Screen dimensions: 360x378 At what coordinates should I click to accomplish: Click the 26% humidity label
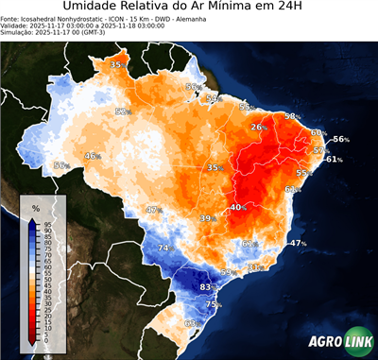[x=257, y=127]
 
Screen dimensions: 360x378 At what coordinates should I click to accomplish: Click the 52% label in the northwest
[x=122, y=111]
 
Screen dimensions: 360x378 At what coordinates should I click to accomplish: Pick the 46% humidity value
[x=93, y=156]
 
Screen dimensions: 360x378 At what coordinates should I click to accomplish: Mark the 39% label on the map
[x=207, y=218]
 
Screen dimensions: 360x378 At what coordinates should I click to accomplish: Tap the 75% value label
[x=215, y=305]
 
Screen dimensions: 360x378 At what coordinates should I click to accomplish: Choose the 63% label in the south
[x=190, y=323]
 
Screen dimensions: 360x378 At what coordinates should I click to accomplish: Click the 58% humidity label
[x=293, y=116]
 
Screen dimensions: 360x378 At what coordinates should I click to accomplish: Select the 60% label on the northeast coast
[x=318, y=133]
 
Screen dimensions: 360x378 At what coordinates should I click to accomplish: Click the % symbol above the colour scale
[x=36, y=207]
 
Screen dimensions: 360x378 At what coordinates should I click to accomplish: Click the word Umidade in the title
[x=94, y=9]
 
